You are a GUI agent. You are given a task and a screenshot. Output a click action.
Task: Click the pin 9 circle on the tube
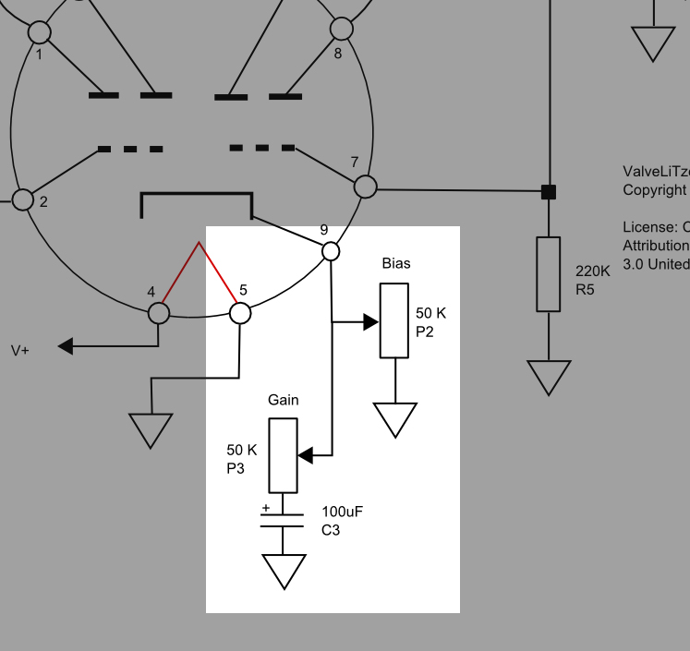point(331,250)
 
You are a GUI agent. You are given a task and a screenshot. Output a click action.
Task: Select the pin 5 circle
point(240,313)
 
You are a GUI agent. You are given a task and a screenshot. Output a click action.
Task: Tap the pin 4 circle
point(159,313)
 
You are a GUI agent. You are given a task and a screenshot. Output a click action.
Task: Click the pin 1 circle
point(40,33)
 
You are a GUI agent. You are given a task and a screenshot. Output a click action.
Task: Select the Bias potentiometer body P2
point(393,320)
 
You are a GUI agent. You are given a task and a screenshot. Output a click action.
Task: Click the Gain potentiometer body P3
point(283,455)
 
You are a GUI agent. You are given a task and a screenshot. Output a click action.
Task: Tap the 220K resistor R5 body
point(549,274)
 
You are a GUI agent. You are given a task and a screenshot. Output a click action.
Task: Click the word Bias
point(396,263)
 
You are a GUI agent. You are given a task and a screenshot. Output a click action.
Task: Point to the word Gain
point(283,400)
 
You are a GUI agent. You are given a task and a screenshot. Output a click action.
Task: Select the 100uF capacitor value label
point(344,512)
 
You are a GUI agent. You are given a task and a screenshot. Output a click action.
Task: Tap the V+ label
point(20,350)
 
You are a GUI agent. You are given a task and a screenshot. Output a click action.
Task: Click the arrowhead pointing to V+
point(66,346)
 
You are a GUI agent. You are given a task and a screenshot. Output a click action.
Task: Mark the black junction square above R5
point(549,192)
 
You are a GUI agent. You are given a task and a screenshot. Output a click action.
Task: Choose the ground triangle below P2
point(395,418)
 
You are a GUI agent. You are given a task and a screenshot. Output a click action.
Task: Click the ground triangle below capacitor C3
point(284,570)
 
